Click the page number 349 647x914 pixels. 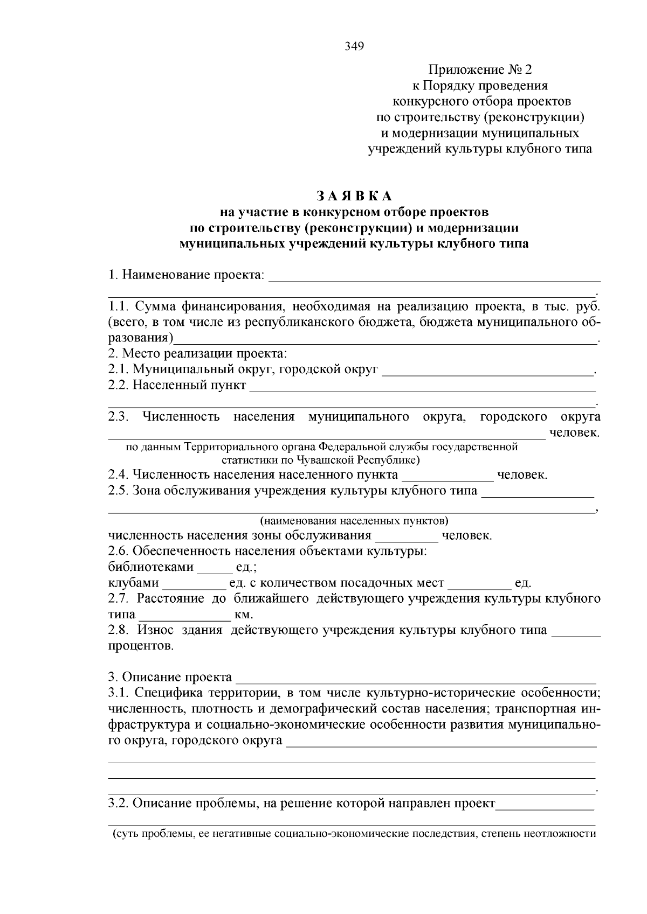point(354,46)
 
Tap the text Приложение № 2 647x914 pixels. point(480,70)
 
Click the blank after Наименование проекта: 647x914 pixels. point(434,278)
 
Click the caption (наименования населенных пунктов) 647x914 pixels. point(354,521)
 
